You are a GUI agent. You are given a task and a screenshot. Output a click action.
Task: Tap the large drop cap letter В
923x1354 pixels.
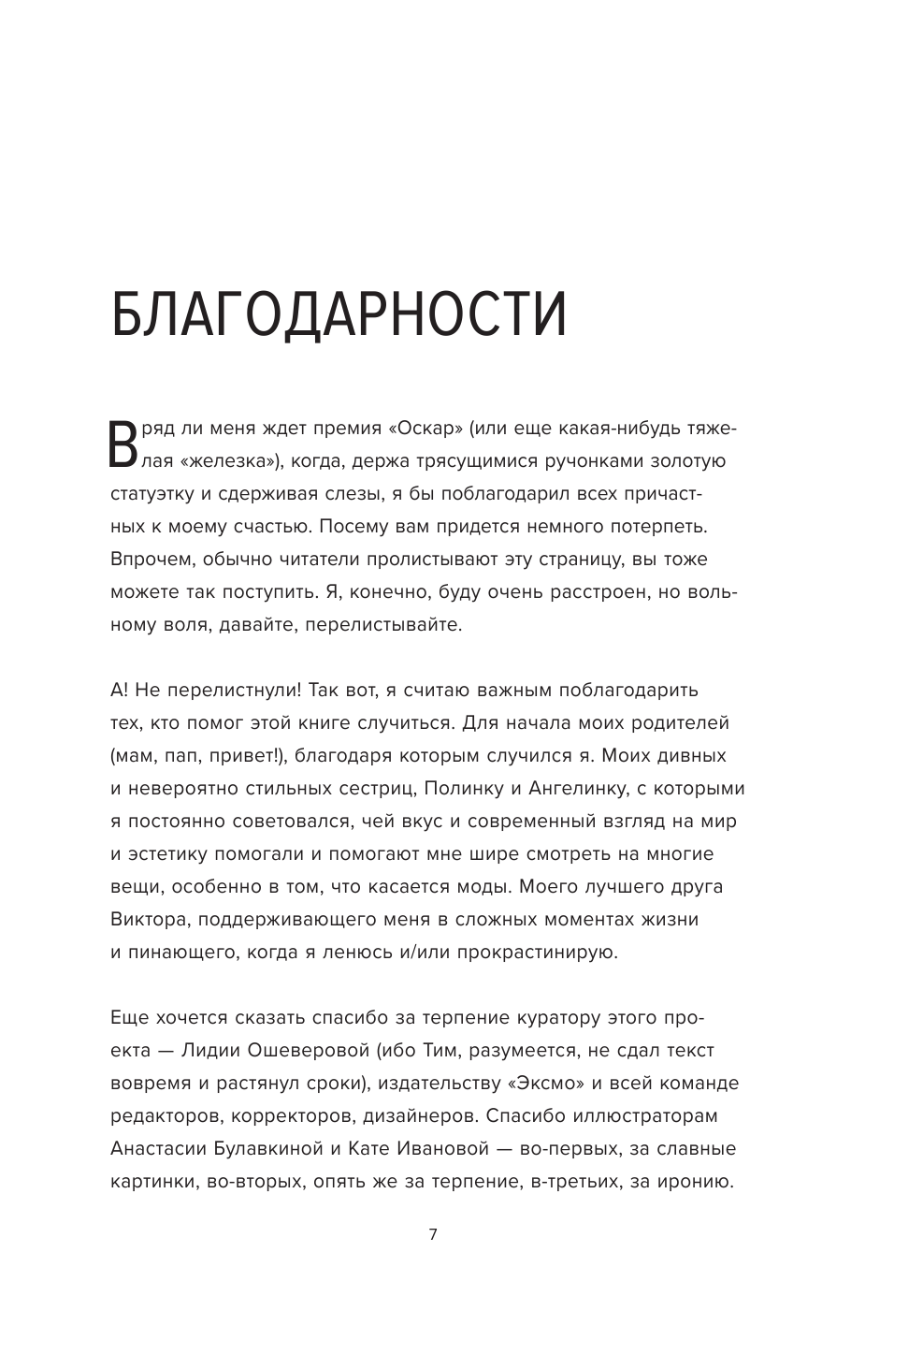pos(123,444)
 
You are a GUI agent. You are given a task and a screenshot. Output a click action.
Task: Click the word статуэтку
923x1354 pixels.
pos(155,493)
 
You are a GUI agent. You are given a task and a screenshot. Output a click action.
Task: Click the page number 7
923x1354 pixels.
pos(432,1234)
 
